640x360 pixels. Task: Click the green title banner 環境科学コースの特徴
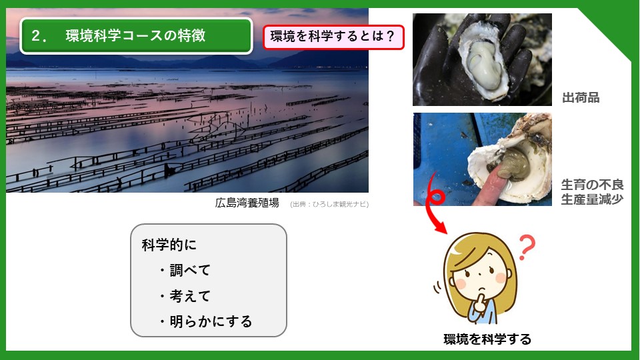136,36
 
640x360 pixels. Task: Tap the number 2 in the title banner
36,36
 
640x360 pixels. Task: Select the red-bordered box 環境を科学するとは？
333,37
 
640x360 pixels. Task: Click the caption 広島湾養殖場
247,203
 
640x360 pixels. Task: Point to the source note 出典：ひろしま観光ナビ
329,204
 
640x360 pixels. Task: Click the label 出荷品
581,98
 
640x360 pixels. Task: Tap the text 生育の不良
592,185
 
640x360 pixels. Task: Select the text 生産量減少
592,199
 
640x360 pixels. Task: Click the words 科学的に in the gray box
169,245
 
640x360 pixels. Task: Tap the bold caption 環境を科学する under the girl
487,339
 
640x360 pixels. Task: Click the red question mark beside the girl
527,247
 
